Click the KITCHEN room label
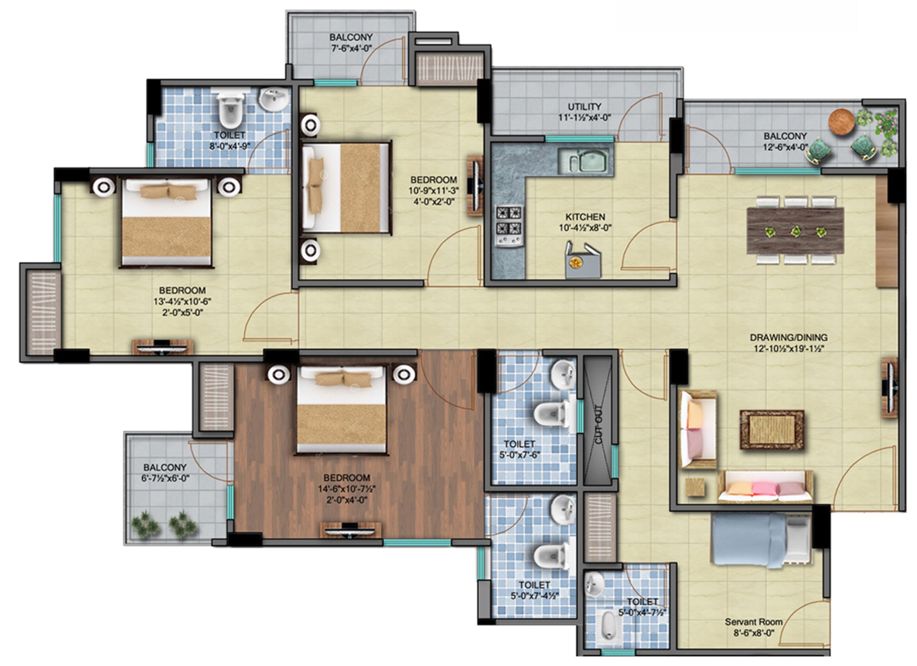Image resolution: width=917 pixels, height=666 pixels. (x=585, y=217)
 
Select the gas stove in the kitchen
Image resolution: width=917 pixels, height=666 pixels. (x=510, y=225)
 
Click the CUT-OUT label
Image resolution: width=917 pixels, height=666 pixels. (x=599, y=424)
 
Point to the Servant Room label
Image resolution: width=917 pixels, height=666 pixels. (x=753, y=622)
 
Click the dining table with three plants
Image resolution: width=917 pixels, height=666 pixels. (x=795, y=231)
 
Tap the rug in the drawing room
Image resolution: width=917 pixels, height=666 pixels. (x=772, y=430)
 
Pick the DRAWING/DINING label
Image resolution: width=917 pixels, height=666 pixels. (x=788, y=338)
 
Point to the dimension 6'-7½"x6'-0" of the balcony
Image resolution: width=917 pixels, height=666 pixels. (x=166, y=479)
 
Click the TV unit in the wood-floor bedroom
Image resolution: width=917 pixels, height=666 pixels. (x=350, y=529)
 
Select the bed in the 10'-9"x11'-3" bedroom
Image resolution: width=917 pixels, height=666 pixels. (x=347, y=188)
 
